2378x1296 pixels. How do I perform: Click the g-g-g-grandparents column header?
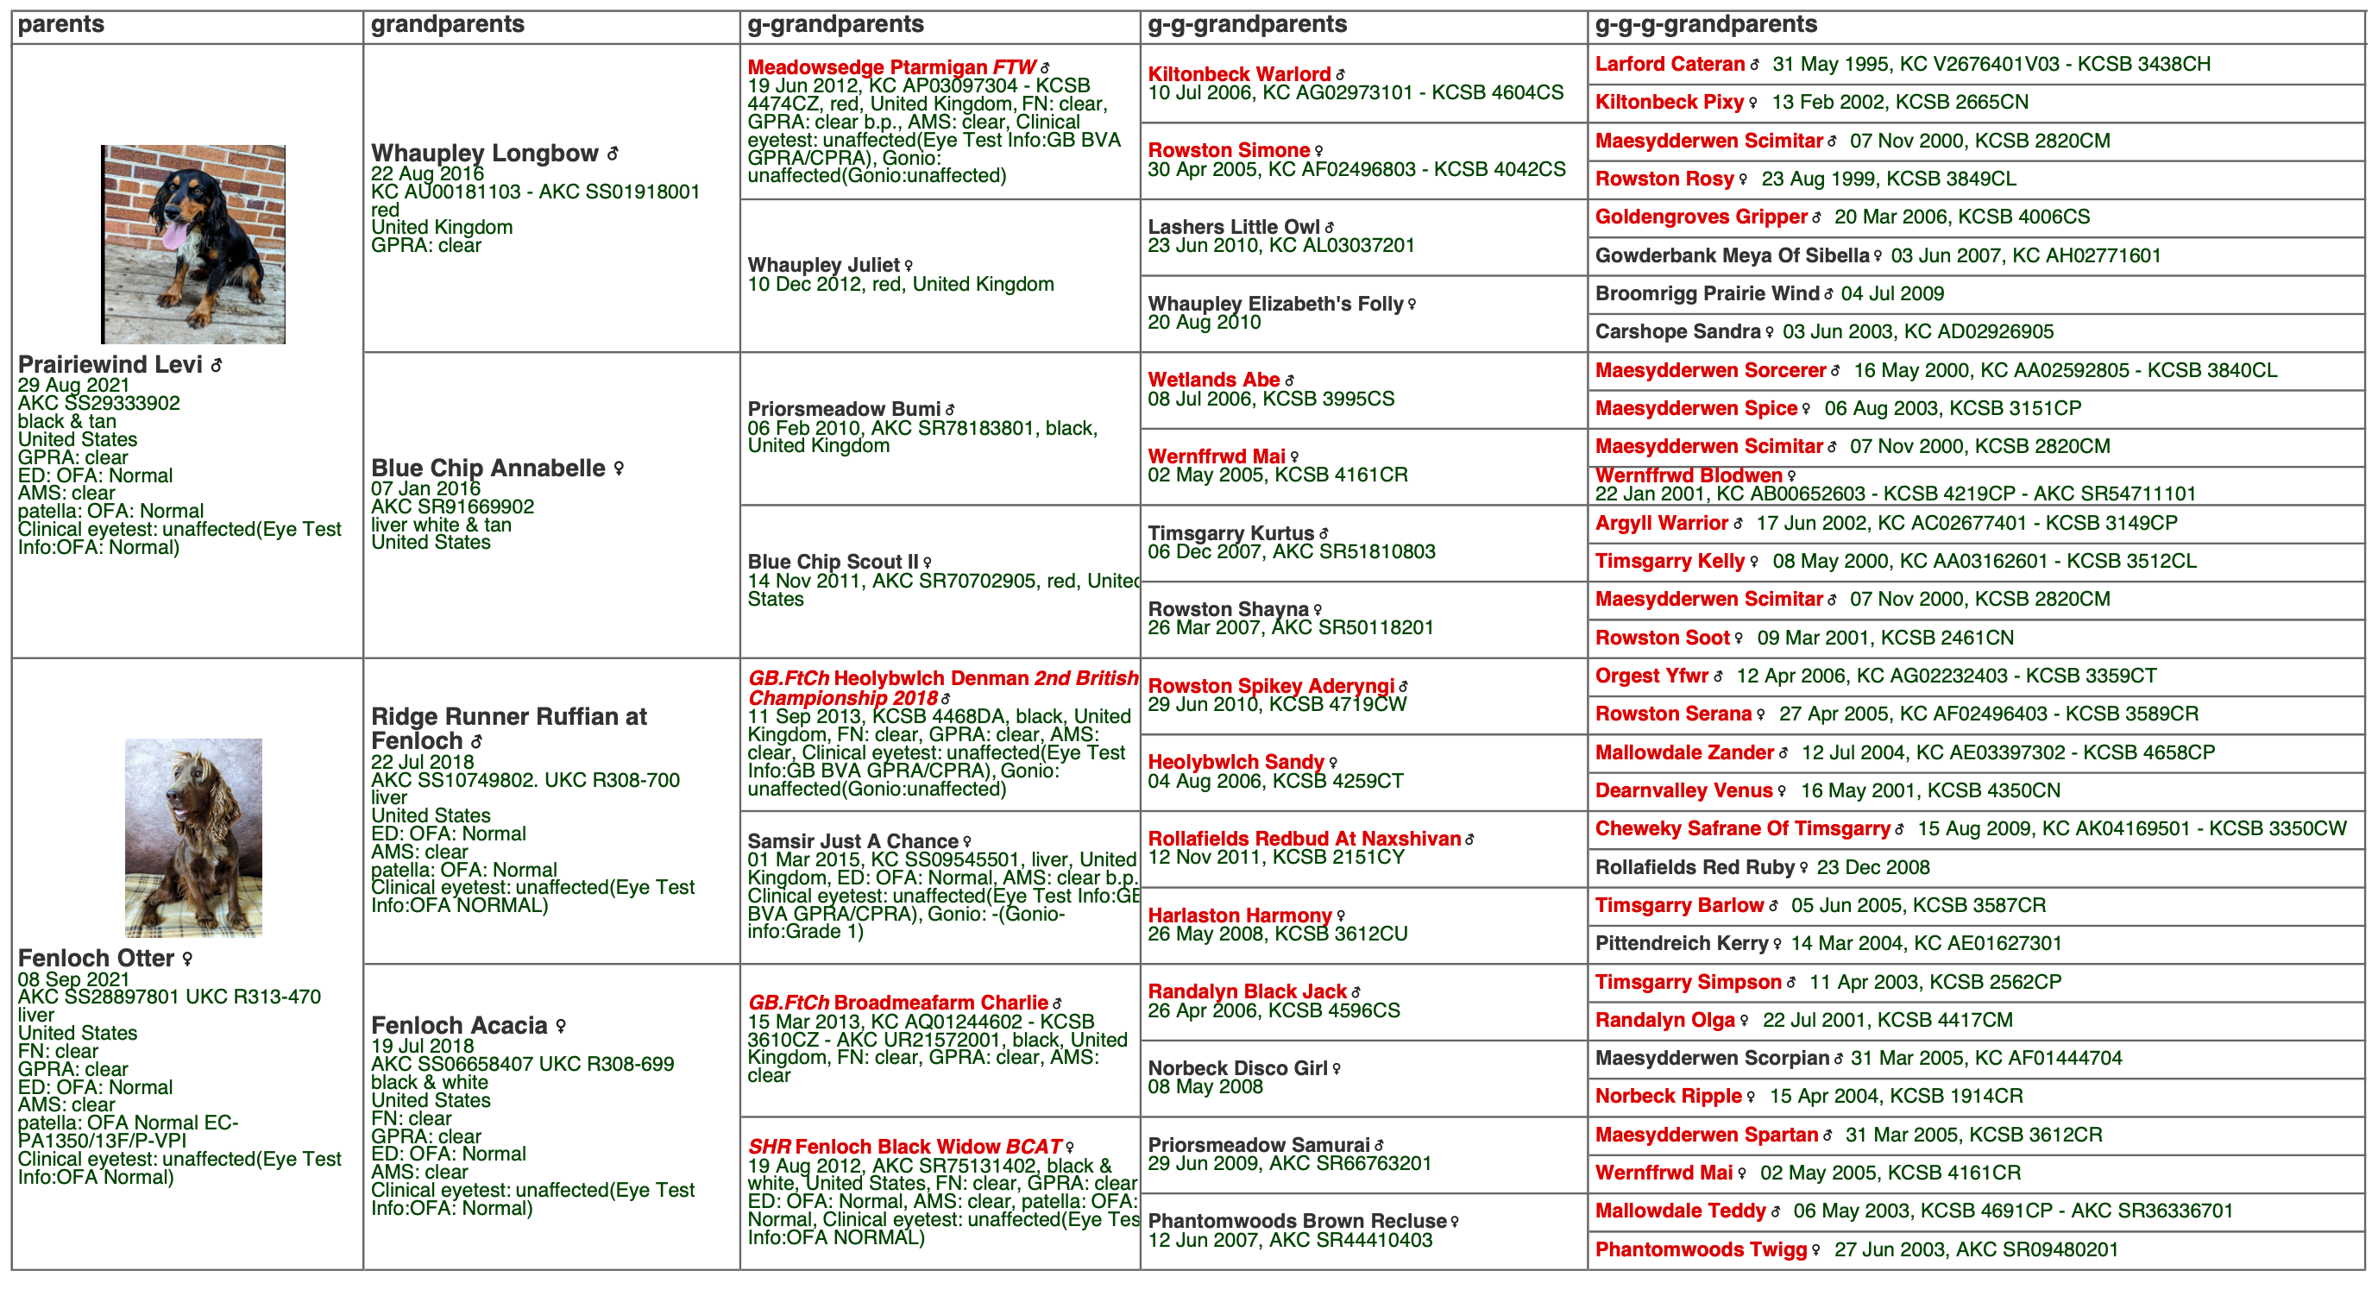tap(1705, 25)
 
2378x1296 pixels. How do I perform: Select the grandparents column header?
tap(447, 25)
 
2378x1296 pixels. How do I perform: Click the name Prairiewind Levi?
tap(110, 365)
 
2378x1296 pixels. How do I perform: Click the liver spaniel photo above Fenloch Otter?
tap(193, 837)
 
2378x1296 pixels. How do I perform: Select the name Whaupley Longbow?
tap(485, 154)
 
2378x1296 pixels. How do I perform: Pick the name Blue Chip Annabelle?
tap(488, 468)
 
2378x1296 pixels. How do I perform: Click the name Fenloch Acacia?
tap(459, 1026)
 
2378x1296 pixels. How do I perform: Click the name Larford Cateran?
tap(1669, 65)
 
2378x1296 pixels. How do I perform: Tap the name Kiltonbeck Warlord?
tap(1238, 75)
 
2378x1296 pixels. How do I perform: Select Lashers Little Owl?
tap(1233, 227)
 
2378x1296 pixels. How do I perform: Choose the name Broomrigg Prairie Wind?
tap(1706, 293)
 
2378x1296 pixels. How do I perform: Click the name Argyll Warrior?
tap(1661, 524)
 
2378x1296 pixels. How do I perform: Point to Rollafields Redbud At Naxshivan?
tap(1304, 839)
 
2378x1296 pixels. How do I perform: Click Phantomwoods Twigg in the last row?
tap(1700, 1250)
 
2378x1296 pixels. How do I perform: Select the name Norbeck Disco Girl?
tap(1237, 1068)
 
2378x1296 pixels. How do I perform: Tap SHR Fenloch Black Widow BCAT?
tap(903, 1147)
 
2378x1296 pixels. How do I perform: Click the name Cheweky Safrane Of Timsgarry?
tap(1741, 829)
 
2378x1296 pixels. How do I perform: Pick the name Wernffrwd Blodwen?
tap(1688, 475)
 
